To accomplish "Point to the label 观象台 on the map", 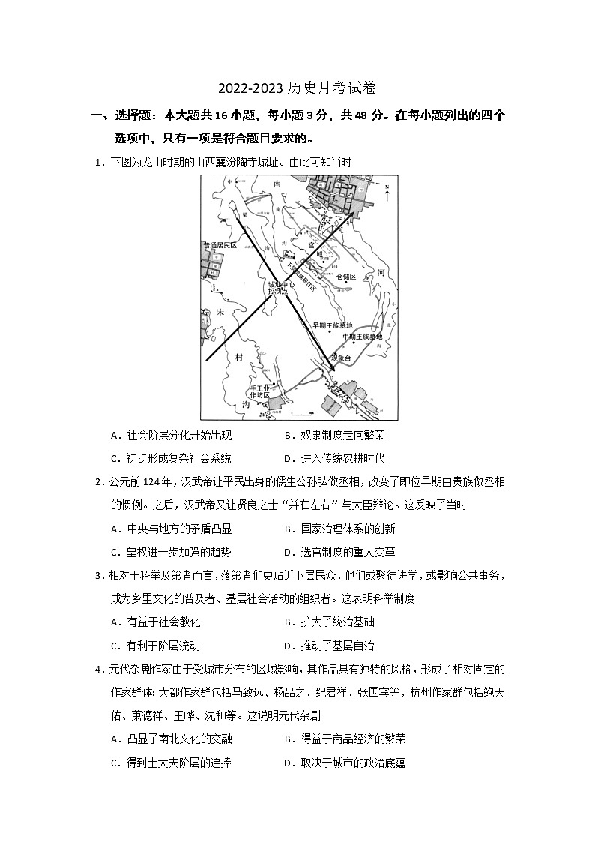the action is [341, 358].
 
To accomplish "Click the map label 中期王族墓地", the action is [363, 337].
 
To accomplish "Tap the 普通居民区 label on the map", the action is [220, 245].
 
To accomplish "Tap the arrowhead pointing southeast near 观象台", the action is [330, 365].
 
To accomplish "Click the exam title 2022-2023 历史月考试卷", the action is [297, 88].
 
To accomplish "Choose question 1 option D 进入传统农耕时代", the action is [342, 458].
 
